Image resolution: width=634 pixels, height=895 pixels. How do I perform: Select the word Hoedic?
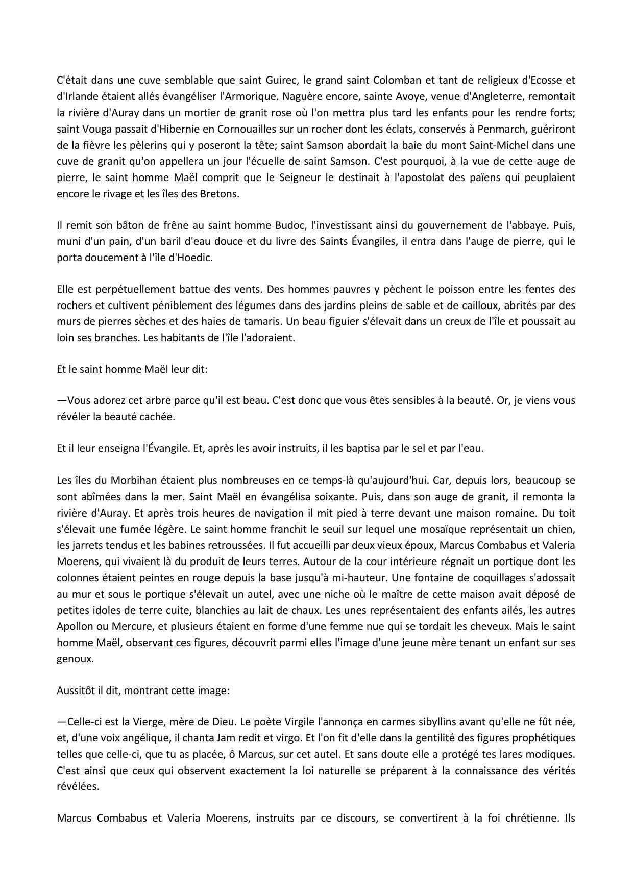tap(194, 258)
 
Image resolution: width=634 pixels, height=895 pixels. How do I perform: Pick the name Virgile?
tap(296, 722)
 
